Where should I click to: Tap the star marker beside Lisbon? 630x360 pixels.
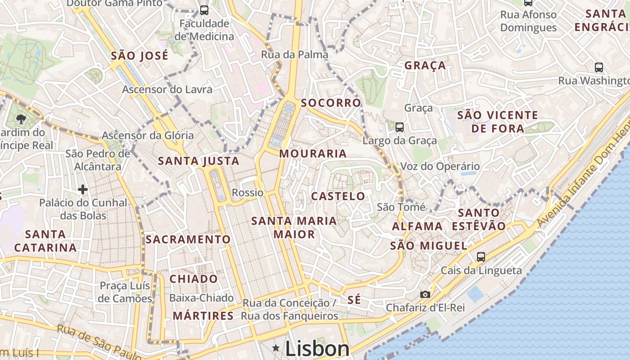(x=276, y=348)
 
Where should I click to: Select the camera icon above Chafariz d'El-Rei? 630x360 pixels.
(x=425, y=294)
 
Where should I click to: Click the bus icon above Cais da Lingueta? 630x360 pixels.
(x=481, y=257)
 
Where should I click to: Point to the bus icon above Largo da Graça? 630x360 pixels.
(x=399, y=127)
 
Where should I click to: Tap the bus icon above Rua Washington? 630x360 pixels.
(x=598, y=67)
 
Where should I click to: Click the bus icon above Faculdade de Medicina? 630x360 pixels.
(x=204, y=10)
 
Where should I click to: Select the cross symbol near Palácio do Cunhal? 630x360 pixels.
(x=83, y=189)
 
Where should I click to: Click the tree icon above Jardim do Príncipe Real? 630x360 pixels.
(x=20, y=119)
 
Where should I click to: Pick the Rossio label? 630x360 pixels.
(x=247, y=193)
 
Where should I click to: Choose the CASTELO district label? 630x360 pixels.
(x=338, y=196)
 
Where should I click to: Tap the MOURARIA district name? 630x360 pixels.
(x=313, y=153)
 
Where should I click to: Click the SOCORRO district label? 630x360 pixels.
(x=331, y=103)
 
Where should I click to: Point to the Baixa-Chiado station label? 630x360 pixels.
(x=201, y=298)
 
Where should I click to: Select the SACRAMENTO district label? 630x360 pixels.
(x=188, y=239)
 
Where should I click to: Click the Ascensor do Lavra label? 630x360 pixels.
(x=167, y=90)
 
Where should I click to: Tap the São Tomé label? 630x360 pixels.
(x=401, y=207)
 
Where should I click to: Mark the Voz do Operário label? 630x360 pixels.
(x=440, y=166)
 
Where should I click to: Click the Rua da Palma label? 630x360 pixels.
(x=294, y=55)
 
